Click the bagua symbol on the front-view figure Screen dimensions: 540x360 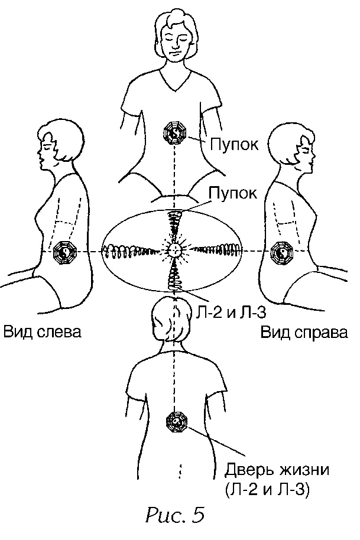tap(176, 135)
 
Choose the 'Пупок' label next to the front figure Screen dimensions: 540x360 tap(233, 144)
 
